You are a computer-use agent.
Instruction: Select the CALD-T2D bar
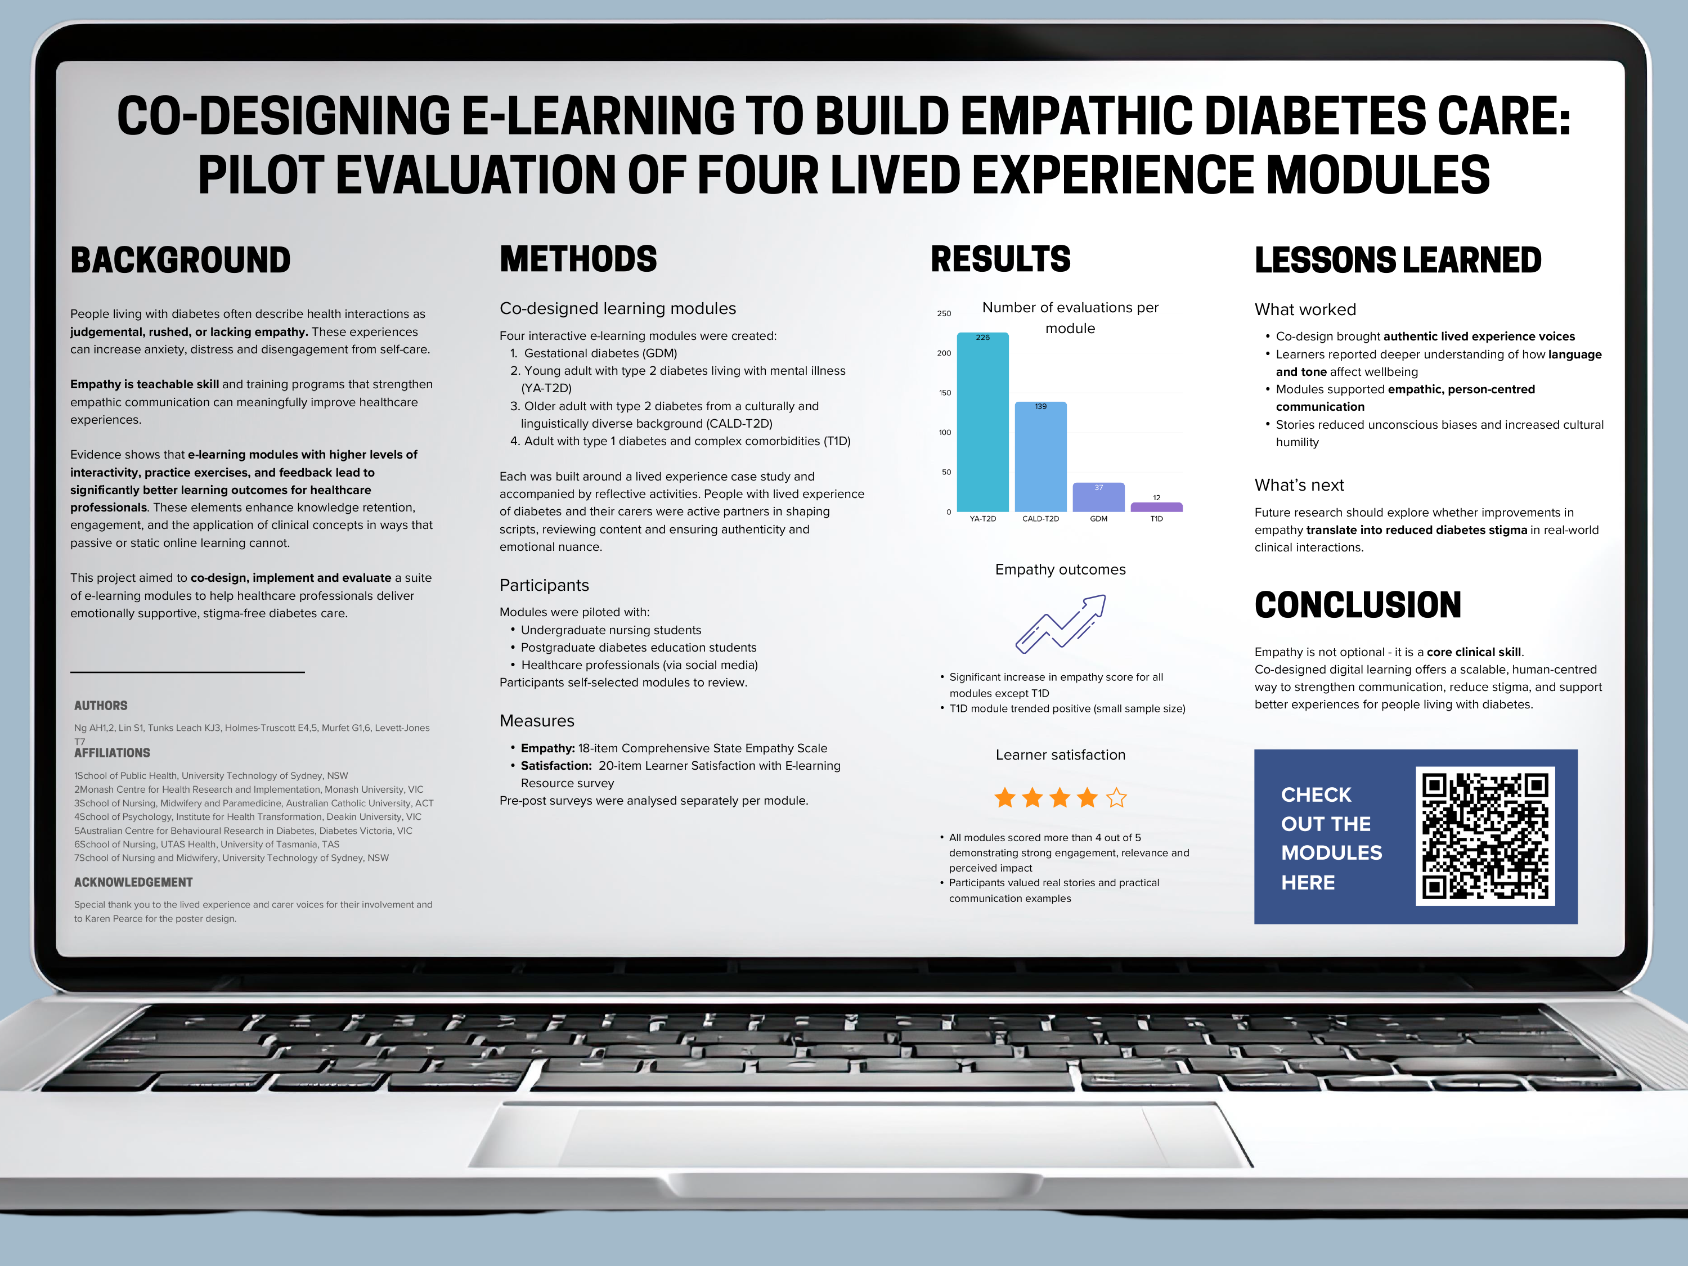tap(1040, 456)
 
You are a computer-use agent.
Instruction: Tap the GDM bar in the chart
tap(1098, 497)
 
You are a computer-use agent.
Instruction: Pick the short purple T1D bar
tap(1156, 507)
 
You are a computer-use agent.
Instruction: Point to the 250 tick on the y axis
tap(944, 313)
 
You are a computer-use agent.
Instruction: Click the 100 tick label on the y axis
tap(945, 433)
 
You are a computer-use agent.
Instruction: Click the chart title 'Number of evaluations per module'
tap(1070, 317)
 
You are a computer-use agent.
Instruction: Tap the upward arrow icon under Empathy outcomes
tap(1061, 623)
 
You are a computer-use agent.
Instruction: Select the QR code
tap(1485, 836)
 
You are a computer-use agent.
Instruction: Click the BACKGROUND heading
tap(181, 260)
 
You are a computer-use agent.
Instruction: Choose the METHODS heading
tap(578, 259)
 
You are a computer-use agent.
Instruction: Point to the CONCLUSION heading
tap(1358, 605)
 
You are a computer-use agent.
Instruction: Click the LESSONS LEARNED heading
tap(1398, 260)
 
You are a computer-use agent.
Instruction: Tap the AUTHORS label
tap(101, 706)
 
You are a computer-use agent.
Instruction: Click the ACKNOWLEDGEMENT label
tap(133, 882)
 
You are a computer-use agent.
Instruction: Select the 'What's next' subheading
tap(1299, 486)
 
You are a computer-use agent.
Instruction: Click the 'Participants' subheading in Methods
tap(544, 585)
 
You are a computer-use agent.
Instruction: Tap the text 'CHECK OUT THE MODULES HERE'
tap(1332, 838)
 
